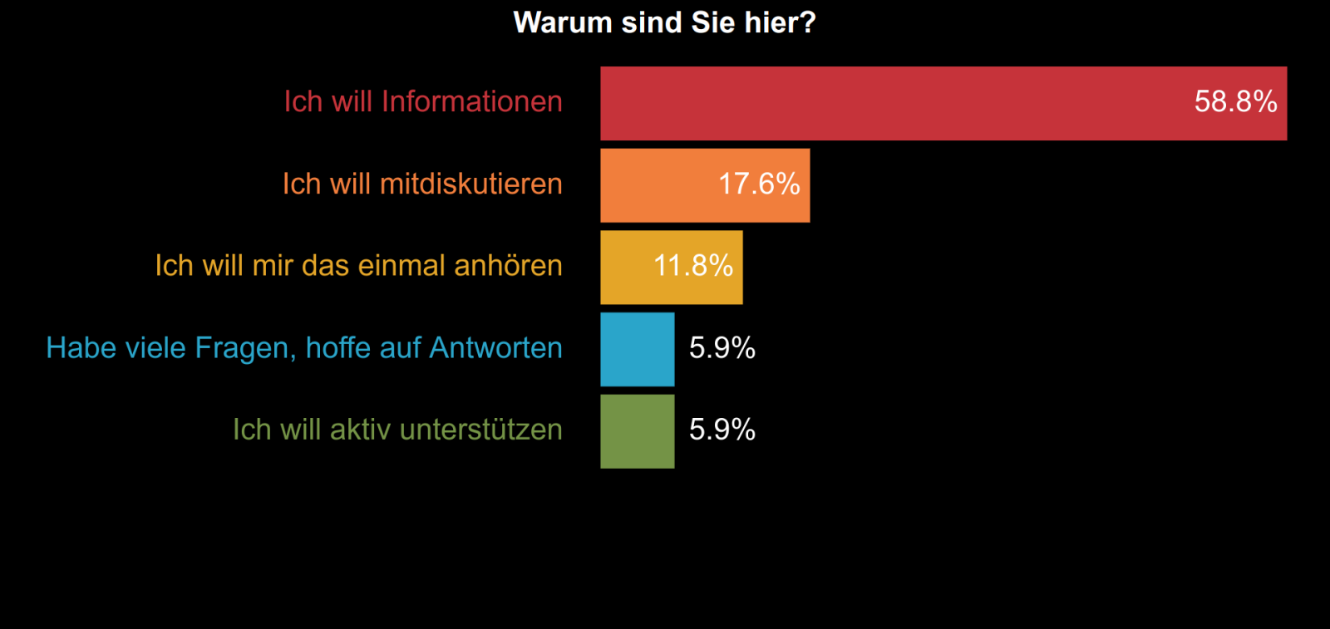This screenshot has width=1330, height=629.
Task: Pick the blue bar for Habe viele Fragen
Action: [638, 349]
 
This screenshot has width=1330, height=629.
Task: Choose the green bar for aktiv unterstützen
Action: [638, 430]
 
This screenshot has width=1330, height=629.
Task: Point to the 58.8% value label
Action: [1235, 101]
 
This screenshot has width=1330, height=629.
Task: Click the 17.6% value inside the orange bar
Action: [759, 184]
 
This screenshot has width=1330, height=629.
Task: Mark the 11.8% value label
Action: [693, 266]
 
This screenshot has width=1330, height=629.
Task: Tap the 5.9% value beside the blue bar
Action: [722, 347]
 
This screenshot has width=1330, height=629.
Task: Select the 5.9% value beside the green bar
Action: [722, 430]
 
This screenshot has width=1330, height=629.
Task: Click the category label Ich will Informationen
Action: [423, 101]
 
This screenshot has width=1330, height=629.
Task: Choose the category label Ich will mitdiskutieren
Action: [422, 184]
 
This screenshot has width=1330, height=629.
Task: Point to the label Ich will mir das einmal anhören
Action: [358, 266]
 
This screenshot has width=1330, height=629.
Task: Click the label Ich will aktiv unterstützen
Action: [397, 430]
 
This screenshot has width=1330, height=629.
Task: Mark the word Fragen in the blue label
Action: [244, 348]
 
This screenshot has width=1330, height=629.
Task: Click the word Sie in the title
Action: [712, 22]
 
